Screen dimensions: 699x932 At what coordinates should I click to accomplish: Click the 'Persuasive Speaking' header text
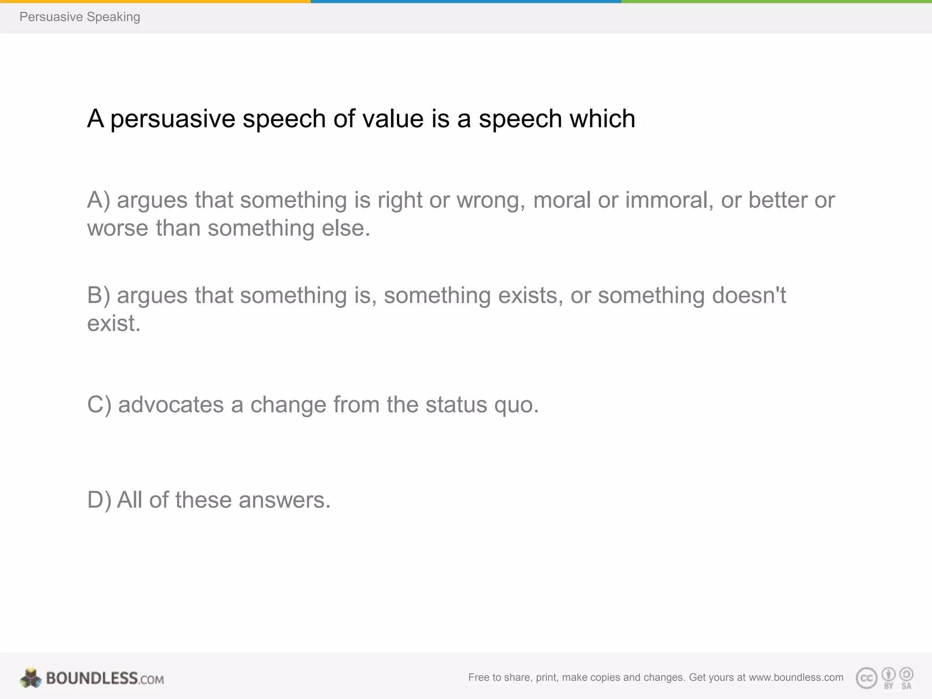(80, 17)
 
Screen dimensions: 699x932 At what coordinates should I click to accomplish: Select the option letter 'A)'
(99, 200)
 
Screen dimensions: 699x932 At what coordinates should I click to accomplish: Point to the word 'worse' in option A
(117, 228)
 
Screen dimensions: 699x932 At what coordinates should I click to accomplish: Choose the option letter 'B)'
(99, 295)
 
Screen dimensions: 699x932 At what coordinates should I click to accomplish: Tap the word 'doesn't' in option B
(749, 295)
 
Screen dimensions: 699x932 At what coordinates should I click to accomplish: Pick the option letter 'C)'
(99, 405)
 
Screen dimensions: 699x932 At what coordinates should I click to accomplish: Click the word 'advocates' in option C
(171, 405)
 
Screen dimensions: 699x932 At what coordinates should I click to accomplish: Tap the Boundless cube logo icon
(31, 678)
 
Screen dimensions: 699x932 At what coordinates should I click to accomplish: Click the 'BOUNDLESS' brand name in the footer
(91, 678)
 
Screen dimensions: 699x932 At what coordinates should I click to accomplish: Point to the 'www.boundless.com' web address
(796, 677)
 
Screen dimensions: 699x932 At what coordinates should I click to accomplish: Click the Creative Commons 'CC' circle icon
(866, 678)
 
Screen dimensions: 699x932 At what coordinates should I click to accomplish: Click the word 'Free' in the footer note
(478, 677)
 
